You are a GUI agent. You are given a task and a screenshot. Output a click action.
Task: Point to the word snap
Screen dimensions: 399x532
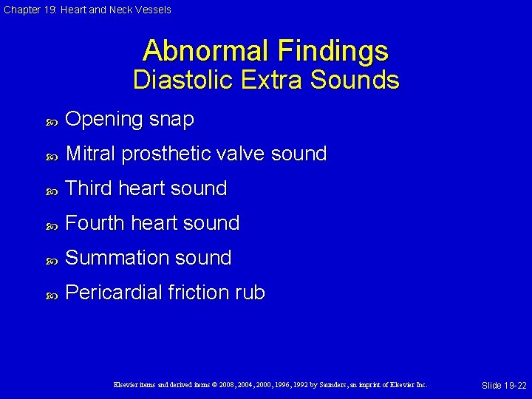click(x=172, y=120)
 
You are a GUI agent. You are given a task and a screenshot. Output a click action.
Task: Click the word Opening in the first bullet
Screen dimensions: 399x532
click(x=104, y=120)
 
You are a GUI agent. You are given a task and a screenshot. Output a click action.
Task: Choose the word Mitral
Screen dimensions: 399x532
click(x=91, y=154)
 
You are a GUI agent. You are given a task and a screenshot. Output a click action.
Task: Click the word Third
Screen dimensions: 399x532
click(x=88, y=188)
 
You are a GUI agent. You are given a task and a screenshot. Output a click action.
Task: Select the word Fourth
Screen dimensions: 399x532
click(x=93, y=223)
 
